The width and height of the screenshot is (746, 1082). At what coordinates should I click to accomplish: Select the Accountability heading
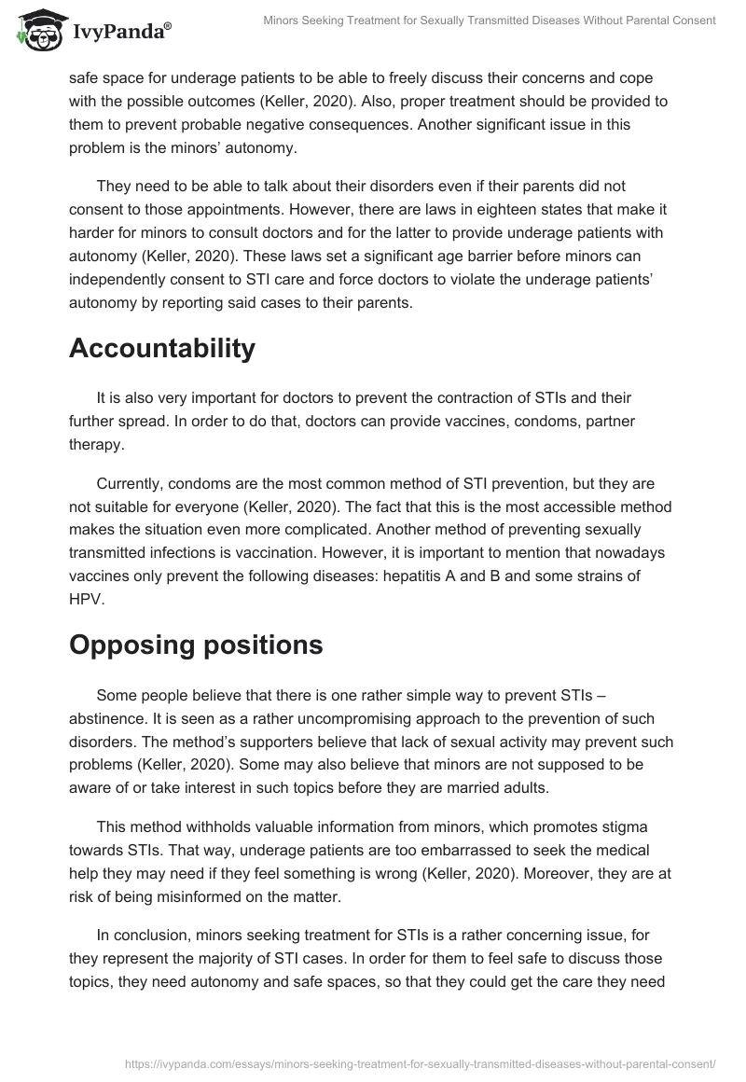(162, 348)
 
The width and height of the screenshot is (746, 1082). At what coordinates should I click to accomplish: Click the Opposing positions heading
(196, 645)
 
